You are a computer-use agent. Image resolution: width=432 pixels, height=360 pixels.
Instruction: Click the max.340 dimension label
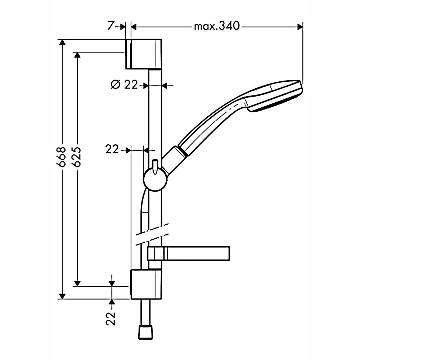tap(217, 26)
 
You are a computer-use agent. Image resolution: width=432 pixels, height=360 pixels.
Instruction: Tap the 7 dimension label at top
tap(111, 26)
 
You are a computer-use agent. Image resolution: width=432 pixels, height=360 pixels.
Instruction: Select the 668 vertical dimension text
tap(61, 157)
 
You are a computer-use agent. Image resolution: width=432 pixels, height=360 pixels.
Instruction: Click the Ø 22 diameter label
tap(124, 85)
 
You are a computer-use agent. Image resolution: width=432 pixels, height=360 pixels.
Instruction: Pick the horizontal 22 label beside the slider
tap(112, 149)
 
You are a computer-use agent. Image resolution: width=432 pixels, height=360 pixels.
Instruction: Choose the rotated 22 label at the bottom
tap(111, 319)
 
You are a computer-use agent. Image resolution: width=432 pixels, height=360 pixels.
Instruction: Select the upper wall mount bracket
tap(144, 54)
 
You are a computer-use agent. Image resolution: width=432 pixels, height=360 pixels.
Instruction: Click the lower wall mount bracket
tap(146, 284)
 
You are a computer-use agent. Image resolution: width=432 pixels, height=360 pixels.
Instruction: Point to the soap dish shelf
tap(188, 253)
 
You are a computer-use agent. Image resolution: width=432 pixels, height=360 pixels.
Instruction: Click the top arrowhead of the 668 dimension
tap(62, 42)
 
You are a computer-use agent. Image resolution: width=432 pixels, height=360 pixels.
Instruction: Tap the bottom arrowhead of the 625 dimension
tap(77, 283)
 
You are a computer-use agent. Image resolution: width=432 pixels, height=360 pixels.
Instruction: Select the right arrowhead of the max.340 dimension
tap(300, 27)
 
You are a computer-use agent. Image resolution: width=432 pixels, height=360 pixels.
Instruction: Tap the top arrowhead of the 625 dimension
tap(77, 55)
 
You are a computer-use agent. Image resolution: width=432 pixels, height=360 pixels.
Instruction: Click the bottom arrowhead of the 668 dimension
tap(62, 296)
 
